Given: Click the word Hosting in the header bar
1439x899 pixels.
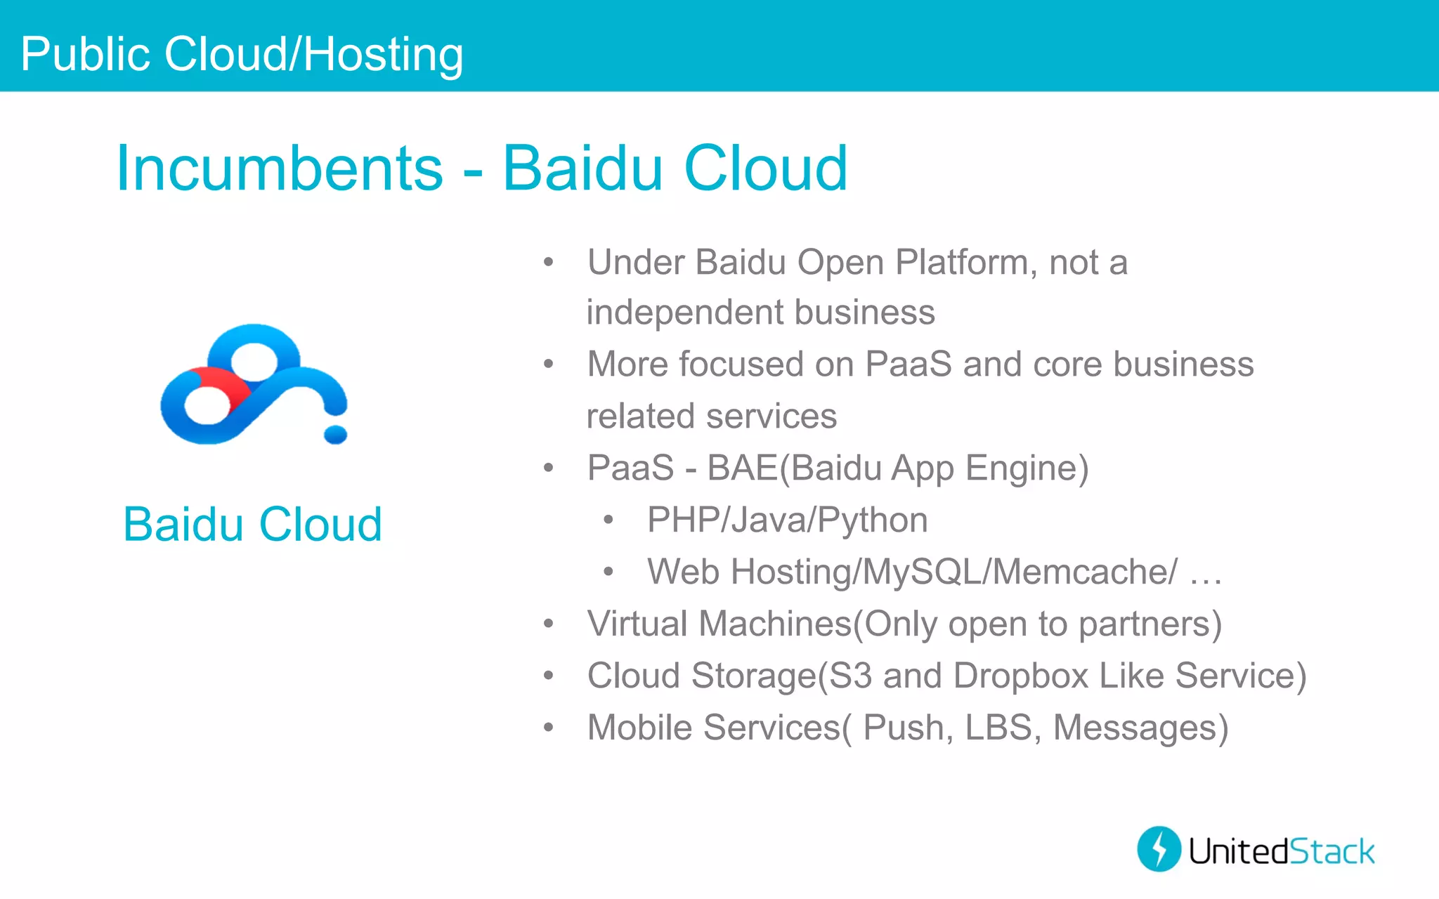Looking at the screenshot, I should [x=383, y=55].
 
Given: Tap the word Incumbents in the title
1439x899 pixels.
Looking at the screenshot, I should [x=280, y=169].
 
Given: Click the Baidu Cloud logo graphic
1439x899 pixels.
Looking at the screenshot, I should [x=254, y=384].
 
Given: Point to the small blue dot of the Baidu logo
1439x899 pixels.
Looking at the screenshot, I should [x=335, y=435].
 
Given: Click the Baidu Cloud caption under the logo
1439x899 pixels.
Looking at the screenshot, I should [x=252, y=525].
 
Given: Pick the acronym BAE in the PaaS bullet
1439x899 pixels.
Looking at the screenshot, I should [x=742, y=468].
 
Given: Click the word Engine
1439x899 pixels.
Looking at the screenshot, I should [x=1027, y=468].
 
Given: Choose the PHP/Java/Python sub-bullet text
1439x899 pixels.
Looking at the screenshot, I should [x=787, y=520].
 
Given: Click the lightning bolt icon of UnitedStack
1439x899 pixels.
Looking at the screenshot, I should [x=1159, y=849].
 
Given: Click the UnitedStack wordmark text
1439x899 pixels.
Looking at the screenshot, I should [x=1281, y=851].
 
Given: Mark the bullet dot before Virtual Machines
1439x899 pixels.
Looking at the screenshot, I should [x=549, y=624].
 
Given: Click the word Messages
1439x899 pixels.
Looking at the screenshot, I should [x=1140, y=728].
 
